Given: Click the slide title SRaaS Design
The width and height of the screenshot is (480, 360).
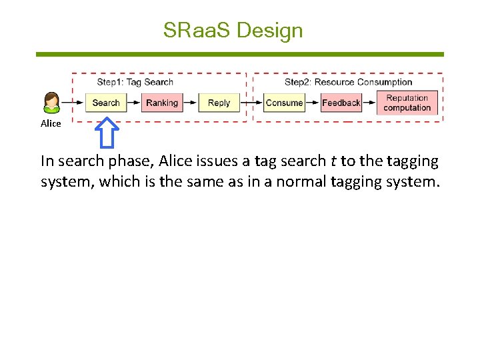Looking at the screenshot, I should (233, 31).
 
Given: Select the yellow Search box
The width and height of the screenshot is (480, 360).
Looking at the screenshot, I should (105, 103).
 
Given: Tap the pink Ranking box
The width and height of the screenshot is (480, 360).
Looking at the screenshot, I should (162, 103).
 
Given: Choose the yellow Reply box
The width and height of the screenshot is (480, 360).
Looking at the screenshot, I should (219, 103).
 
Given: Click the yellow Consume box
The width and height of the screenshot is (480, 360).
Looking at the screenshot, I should (284, 103).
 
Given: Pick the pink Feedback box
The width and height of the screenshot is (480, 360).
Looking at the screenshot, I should (341, 103).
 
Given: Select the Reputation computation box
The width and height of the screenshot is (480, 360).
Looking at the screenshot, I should (407, 103).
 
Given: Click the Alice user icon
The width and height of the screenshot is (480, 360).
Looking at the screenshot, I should (51, 103).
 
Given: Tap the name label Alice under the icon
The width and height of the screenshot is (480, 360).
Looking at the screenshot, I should (51, 123).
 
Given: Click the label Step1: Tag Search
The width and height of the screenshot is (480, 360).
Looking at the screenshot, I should (135, 82).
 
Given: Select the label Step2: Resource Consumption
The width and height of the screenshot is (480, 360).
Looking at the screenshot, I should (348, 82).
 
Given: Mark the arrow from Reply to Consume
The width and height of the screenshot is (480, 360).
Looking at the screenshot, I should (251, 103).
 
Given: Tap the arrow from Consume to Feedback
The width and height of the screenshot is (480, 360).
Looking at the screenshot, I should (313, 103).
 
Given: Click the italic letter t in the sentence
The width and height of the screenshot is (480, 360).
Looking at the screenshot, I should (333, 161).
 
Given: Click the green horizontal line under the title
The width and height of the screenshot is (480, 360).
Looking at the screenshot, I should (239, 55).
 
